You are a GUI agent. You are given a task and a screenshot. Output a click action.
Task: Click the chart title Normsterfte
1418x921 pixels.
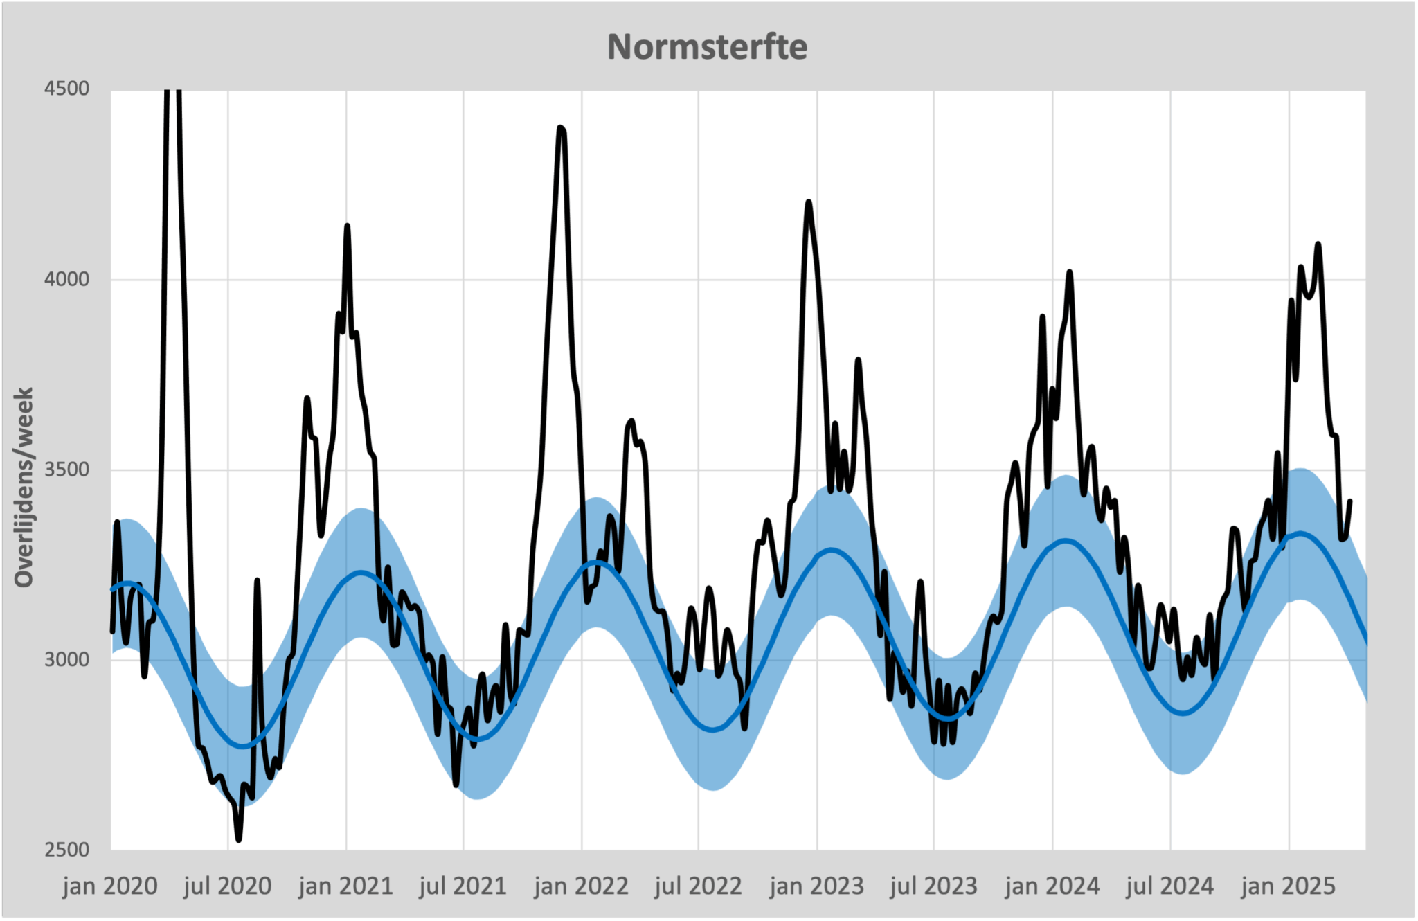(707, 47)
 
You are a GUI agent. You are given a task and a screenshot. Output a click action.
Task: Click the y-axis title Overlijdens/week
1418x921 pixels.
(24, 488)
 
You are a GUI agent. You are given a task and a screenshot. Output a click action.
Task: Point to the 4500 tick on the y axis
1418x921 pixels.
(67, 89)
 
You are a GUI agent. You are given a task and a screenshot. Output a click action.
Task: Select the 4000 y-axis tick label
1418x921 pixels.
(67, 280)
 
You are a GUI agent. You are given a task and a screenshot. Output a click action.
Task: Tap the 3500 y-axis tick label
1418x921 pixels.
(67, 470)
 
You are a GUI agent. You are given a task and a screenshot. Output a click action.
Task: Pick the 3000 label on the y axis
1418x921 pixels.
(67, 660)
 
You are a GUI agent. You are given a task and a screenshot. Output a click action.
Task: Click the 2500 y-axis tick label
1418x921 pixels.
(67, 850)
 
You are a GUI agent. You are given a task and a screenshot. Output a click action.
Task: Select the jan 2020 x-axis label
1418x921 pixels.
(110, 886)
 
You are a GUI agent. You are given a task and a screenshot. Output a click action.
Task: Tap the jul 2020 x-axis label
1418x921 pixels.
(228, 886)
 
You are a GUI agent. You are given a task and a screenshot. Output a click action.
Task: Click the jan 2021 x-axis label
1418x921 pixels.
(346, 886)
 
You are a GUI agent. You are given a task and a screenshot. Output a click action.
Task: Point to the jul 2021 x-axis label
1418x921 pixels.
(463, 886)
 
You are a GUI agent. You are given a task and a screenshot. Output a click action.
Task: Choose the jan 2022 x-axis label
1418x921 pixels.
(582, 886)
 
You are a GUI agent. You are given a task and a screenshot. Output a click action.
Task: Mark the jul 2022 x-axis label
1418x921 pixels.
(699, 886)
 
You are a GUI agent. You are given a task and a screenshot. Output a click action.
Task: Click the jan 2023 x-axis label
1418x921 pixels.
(817, 886)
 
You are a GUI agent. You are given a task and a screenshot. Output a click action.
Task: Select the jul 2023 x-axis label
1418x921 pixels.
(934, 886)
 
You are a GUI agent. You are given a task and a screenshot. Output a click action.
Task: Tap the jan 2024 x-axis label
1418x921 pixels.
(1052, 886)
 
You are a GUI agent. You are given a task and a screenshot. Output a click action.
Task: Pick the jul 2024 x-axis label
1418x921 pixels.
(1170, 886)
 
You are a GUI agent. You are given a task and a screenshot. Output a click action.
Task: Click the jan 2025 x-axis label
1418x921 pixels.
(1289, 886)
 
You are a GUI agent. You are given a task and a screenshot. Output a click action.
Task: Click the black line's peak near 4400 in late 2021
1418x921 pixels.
(561, 128)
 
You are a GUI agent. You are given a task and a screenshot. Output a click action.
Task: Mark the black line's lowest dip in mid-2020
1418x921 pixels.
(239, 839)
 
